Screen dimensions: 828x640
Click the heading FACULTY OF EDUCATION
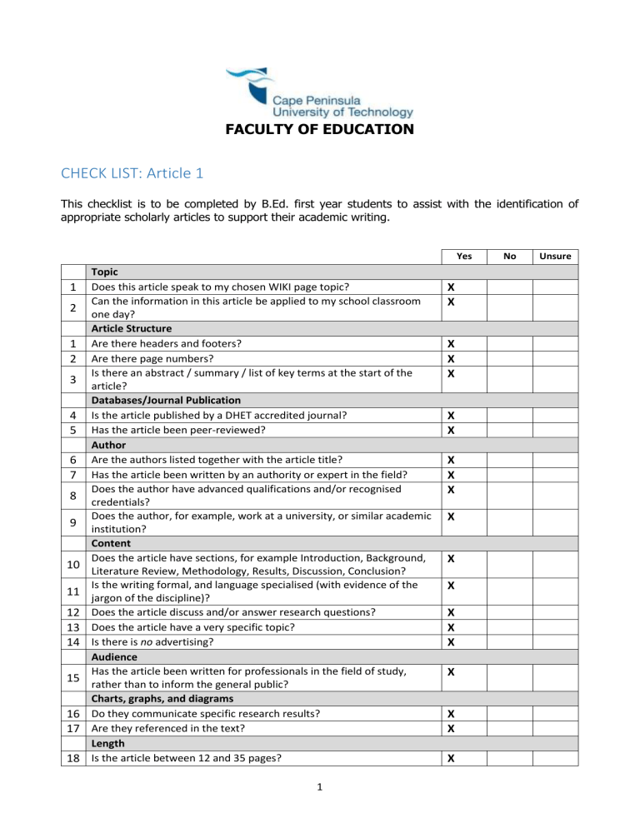point(320,130)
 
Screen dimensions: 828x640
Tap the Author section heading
point(110,446)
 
